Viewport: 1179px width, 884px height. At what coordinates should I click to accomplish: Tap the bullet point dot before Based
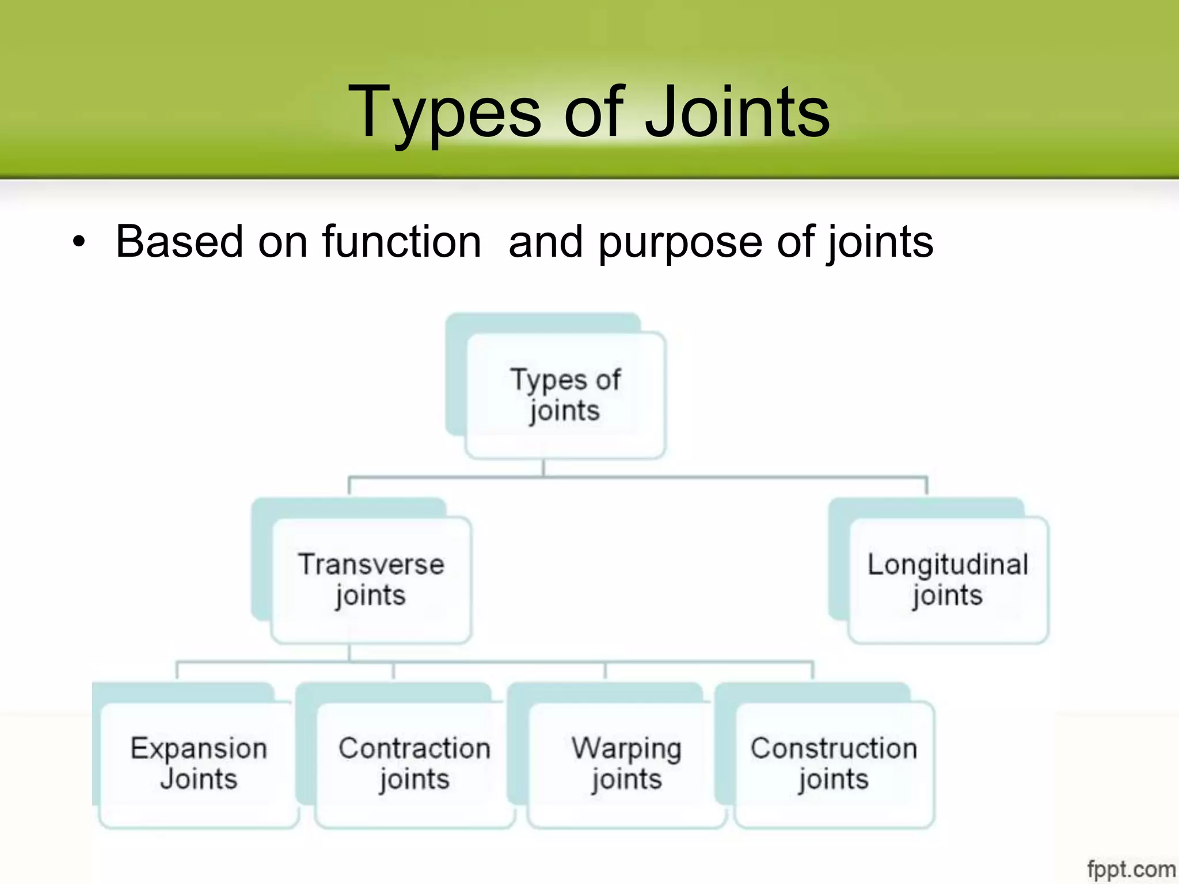click(x=79, y=242)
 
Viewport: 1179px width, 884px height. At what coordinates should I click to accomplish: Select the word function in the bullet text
click(x=401, y=242)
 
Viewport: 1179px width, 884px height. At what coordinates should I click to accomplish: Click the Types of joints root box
click(x=565, y=395)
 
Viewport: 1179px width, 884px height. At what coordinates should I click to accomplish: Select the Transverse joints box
click(x=371, y=580)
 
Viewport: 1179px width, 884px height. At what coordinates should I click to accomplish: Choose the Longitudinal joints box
click(x=948, y=580)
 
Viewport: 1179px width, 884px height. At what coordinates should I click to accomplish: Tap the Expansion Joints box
click(x=199, y=764)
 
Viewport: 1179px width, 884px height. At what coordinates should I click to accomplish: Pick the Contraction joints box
click(x=414, y=764)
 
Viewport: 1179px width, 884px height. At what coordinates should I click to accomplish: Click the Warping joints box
click(x=626, y=764)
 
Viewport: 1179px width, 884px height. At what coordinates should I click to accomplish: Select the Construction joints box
click(x=834, y=764)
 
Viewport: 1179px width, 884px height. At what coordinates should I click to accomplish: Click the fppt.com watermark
click(x=1131, y=868)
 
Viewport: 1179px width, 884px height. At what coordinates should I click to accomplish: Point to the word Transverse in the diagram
click(x=371, y=564)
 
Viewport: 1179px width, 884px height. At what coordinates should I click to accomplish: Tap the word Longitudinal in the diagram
click(x=948, y=565)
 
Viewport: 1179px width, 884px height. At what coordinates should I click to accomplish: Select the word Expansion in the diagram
click(x=199, y=749)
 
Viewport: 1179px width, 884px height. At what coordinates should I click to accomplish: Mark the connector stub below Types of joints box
click(x=543, y=468)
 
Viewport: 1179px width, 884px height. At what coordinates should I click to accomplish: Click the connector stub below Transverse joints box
click(x=349, y=652)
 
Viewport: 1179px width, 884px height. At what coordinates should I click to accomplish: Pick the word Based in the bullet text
click(x=179, y=242)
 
